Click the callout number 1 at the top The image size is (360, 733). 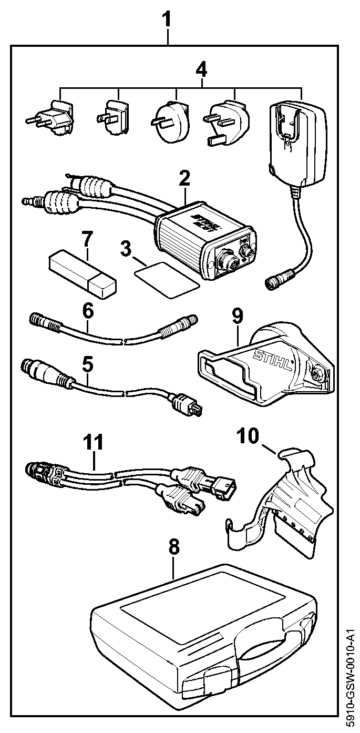pyautogui.click(x=167, y=19)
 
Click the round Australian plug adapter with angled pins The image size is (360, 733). pyautogui.click(x=170, y=118)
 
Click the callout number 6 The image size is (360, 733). pyautogui.click(x=88, y=311)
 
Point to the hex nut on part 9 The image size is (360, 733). pyautogui.click(x=317, y=373)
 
